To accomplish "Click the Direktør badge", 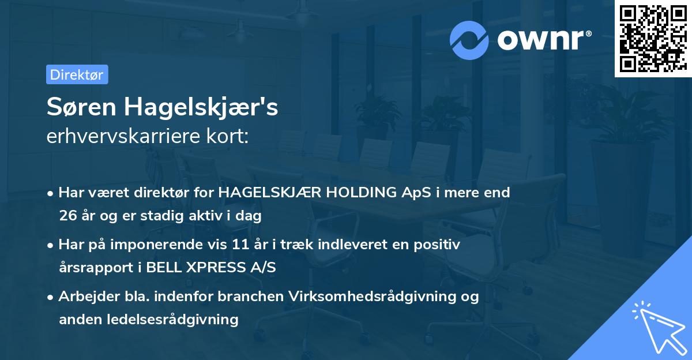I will pos(77,74).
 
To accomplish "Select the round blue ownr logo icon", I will pos(469,40).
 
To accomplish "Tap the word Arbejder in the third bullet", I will pos(85,297).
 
